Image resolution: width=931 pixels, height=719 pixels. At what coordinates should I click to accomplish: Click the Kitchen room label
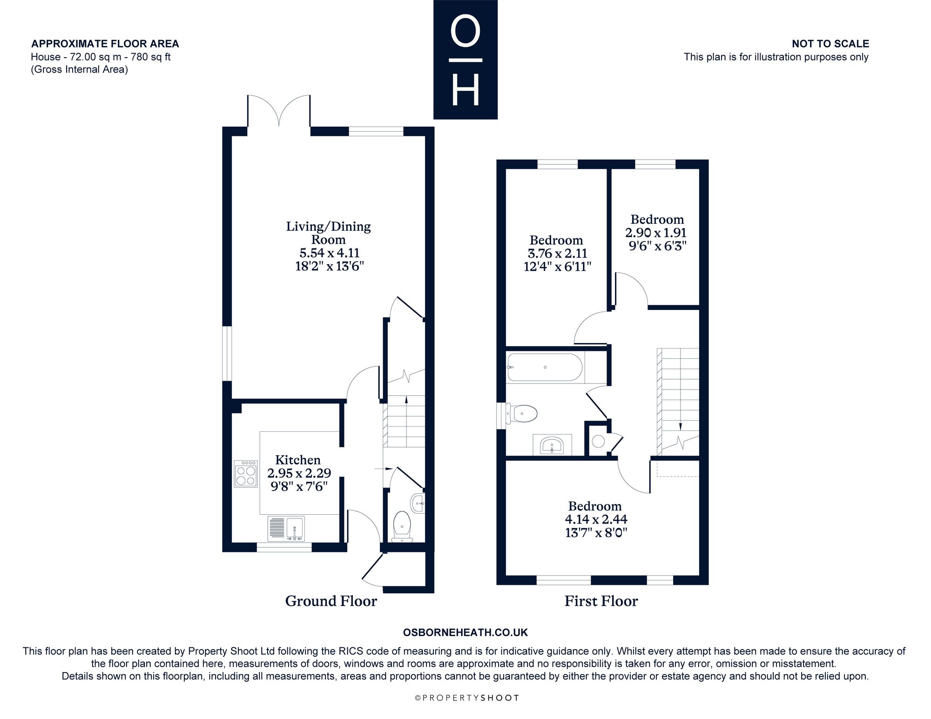pos(298,460)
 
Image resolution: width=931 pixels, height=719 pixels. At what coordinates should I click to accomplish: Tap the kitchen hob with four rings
pos(246,474)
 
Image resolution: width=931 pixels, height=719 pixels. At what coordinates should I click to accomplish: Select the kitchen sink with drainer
pos(286,529)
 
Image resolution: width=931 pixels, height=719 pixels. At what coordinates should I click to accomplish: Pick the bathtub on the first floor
pos(545,368)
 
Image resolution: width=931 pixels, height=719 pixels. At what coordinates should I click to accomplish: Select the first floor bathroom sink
pos(552,444)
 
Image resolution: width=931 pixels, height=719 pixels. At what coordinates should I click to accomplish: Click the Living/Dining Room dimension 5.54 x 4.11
pos(329,253)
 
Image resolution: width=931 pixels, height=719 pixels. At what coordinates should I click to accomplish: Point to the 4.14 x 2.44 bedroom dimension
pos(596,519)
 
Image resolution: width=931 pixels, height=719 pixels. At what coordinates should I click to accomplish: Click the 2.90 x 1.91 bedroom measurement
pos(656,233)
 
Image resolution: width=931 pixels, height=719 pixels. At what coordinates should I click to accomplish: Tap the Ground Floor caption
pos(331,601)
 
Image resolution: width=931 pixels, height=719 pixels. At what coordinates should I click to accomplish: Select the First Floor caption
pos(601,601)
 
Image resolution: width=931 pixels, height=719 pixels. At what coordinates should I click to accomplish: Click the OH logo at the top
pos(465,60)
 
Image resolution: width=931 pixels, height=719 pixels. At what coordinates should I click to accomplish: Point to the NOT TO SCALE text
pos(830,44)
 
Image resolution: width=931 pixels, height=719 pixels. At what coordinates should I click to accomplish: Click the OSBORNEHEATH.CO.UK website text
pos(465,632)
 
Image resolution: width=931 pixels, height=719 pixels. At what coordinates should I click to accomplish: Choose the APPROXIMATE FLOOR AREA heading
pos(105,44)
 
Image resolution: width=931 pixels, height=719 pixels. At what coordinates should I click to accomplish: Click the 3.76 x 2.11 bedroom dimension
pos(557,254)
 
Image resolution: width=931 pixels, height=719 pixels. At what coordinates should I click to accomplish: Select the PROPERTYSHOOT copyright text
pos(467,698)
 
